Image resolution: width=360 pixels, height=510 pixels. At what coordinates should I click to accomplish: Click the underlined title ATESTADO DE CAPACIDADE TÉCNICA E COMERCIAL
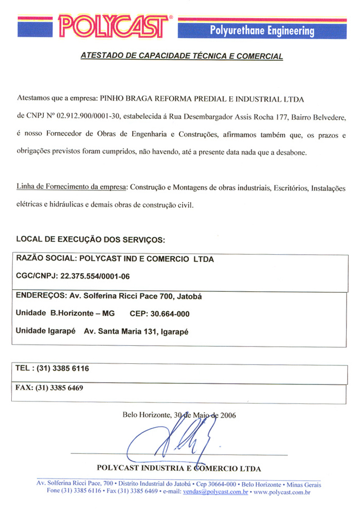(182, 56)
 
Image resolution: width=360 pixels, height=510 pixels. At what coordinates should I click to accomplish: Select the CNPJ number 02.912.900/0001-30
(90, 116)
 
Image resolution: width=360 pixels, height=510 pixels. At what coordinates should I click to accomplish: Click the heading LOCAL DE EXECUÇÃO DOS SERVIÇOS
(91, 239)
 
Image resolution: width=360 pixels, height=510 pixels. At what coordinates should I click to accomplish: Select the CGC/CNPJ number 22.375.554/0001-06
(95, 276)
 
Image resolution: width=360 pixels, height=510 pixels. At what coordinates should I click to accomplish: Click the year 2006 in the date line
(228, 415)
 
